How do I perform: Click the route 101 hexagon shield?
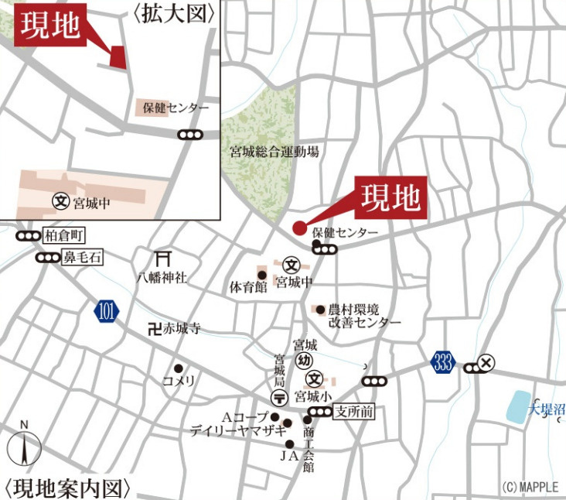click(x=107, y=313)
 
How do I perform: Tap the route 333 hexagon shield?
click(x=443, y=365)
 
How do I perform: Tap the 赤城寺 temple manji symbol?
click(x=154, y=329)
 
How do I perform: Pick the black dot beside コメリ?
click(x=179, y=368)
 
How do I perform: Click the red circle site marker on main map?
click(x=299, y=228)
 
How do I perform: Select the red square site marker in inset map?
click(x=118, y=57)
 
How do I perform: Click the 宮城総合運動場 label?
click(x=274, y=152)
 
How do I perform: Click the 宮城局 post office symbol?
click(x=280, y=396)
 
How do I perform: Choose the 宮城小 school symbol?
click(x=315, y=378)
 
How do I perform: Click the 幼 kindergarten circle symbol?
click(x=304, y=360)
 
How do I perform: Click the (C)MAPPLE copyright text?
click(x=530, y=488)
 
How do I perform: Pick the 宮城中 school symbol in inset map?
click(x=61, y=201)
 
